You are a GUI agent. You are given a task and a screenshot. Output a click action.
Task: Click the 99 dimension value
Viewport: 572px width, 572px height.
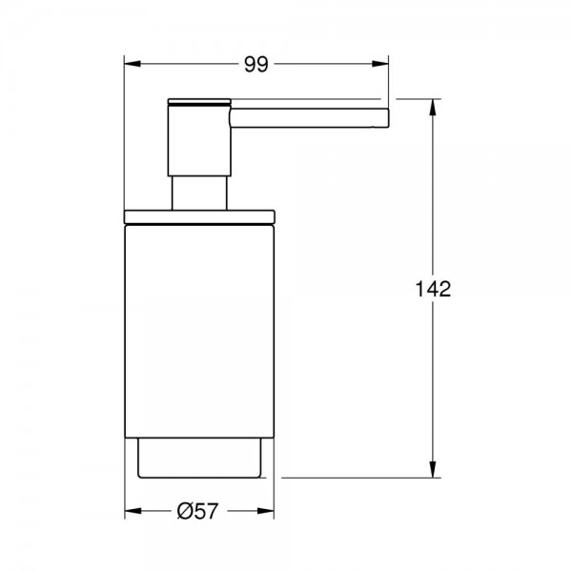point(256,65)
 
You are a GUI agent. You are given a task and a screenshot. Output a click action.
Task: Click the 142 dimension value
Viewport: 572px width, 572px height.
point(433,289)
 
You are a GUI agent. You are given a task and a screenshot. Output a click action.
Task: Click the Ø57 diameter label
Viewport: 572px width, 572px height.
point(197,511)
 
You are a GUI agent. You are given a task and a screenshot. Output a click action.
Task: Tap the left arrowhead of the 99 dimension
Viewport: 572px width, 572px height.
point(133,64)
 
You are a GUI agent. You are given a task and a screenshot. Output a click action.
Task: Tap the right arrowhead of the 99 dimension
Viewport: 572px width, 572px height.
point(380,64)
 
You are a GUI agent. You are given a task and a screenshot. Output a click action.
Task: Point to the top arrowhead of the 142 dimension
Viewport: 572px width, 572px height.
point(433,107)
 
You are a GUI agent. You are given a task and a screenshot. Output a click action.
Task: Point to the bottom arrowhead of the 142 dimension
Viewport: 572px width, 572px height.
point(433,469)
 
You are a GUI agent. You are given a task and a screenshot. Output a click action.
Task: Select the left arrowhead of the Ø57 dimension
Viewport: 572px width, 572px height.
point(133,511)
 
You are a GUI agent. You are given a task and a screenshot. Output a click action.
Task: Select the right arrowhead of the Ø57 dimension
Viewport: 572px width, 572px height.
point(266,511)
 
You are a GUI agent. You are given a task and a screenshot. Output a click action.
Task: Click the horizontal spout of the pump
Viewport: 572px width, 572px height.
point(309,118)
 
